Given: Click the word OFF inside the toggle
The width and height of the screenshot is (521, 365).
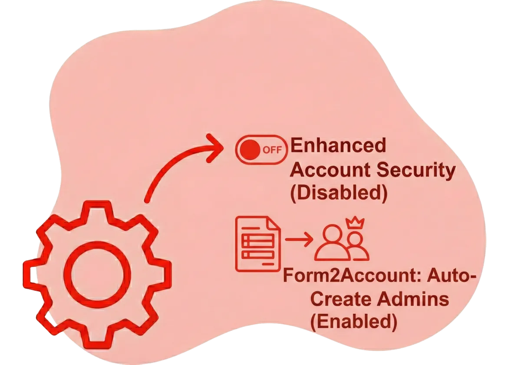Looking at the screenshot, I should click(272, 151).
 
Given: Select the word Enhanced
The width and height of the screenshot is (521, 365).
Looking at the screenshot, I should click(338, 146).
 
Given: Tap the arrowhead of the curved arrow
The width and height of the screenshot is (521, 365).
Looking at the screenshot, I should click(215, 147).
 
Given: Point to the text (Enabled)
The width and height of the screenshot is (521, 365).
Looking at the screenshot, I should click(353, 322).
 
